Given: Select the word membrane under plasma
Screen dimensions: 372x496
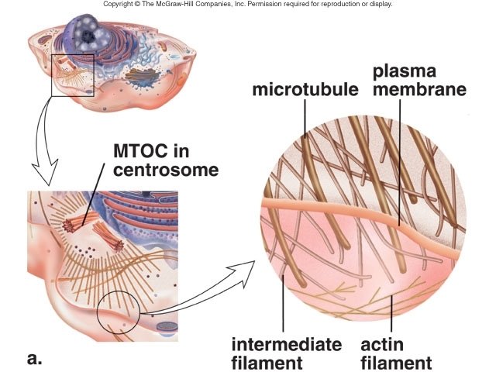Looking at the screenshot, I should point(419,90).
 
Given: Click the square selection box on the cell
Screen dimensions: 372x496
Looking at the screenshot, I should point(73,76).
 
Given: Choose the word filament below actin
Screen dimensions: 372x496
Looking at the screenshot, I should point(398,362).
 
